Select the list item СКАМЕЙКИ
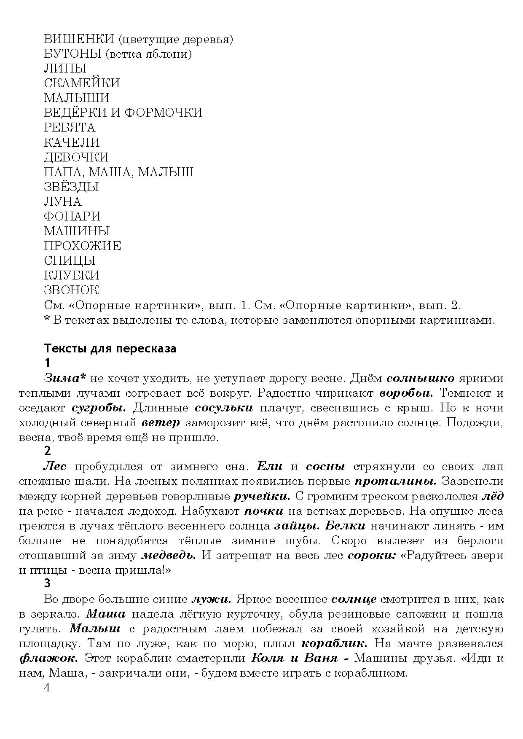pos(82,83)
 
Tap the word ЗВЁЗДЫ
pos(71,186)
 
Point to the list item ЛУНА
pos(62,201)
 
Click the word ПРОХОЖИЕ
pos(82,246)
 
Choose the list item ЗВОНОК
pos(71,290)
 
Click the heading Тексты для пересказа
pos(110,349)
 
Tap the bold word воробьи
pos(406,393)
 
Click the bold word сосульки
pos(224,408)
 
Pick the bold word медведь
pos(168,555)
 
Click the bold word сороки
pos(371,555)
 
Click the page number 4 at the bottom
pos(47,688)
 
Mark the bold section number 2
pos(47,451)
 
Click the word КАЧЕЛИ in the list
pos(72,142)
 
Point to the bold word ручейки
pos(262,496)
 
